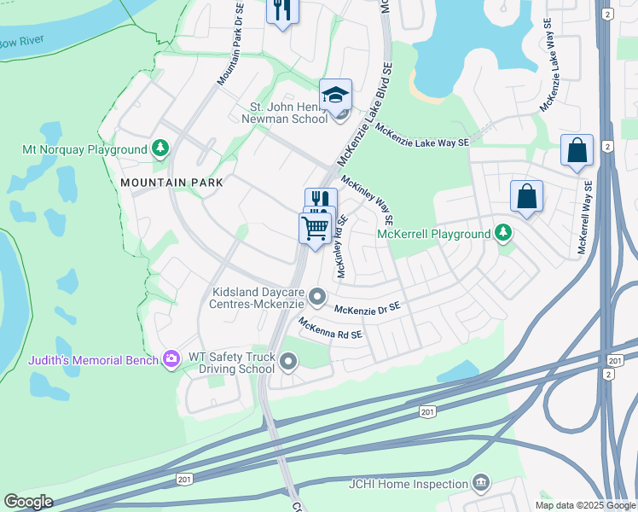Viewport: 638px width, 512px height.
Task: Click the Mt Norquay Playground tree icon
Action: [159, 149]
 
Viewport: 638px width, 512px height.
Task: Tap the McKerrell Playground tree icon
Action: [503, 233]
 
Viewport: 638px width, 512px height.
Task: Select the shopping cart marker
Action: [316, 228]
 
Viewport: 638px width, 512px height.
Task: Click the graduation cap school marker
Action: [335, 95]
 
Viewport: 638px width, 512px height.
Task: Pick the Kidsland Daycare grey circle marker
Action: [317, 298]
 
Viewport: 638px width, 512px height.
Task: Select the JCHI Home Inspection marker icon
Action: [480, 484]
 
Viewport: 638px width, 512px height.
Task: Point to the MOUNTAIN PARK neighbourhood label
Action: [171, 183]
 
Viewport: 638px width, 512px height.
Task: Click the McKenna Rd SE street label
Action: [331, 329]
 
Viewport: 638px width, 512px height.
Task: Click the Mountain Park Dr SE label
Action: [230, 46]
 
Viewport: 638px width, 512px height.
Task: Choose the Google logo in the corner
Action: [28, 502]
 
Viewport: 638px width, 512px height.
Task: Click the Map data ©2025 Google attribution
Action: [585, 505]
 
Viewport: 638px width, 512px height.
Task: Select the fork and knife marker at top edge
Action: [281, 10]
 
